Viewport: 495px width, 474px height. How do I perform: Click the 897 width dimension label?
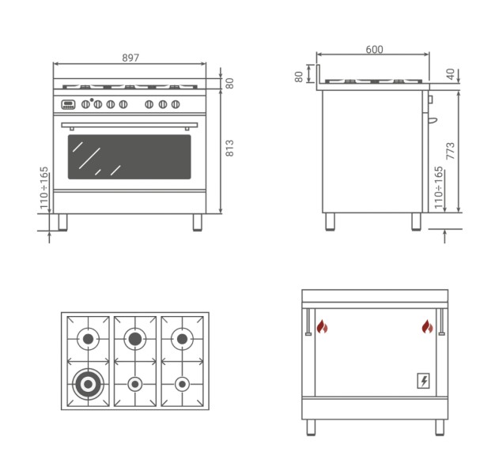tap(130, 58)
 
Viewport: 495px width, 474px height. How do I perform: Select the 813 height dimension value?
tap(229, 149)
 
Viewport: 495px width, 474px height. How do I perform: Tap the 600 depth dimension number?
tap(374, 49)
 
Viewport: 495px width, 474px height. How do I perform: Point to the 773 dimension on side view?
tap(450, 151)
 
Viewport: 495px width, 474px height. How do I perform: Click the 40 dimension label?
tap(451, 74)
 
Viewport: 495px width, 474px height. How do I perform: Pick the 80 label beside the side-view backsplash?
tap(299, 77)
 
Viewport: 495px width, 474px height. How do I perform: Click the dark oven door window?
tap(130, 157)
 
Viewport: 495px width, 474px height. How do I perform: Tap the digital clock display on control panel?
tap(68, 104)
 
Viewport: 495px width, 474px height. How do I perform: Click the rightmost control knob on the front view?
tap(176, 104)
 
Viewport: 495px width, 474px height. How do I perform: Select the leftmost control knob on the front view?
tap(85, 104)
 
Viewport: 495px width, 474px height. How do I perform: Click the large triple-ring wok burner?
tap(88, 384)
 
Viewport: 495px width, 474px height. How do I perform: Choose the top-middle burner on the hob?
tap(134, 339)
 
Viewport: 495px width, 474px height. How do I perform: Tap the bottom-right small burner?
tap(182, 384)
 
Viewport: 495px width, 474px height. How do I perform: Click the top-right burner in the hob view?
tap(182, 339)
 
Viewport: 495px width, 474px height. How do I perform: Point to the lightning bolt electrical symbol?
tap(423, 381)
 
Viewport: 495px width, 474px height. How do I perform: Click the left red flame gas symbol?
tap(323, 327)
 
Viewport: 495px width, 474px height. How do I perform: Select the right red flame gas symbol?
tap(428, 327)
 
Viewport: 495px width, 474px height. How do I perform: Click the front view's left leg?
tap(62, 222)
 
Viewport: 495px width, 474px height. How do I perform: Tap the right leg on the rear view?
tap(440, 427)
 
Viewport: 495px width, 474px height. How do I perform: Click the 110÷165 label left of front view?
tap(43, 188)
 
